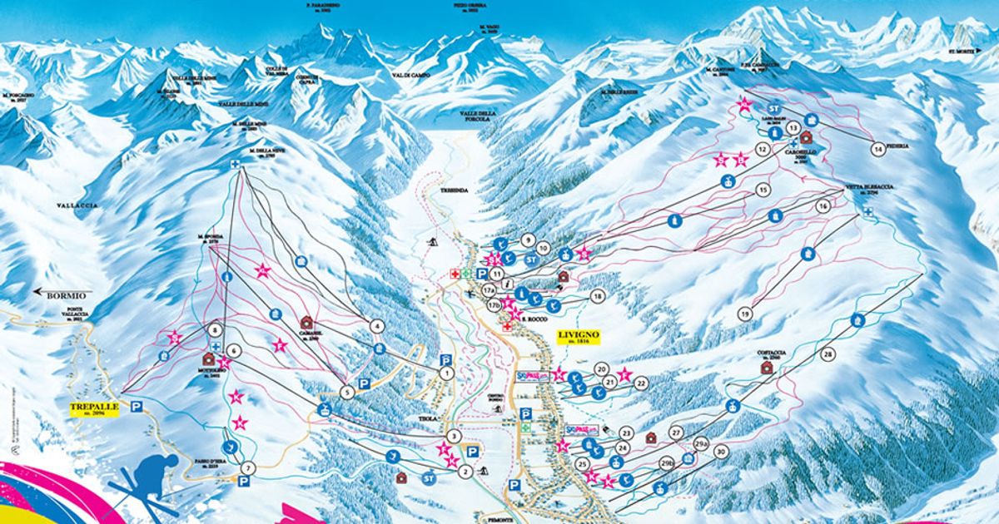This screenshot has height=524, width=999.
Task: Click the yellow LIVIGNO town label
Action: [x=578, y=337]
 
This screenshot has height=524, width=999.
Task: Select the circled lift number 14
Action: [x=877, y=149]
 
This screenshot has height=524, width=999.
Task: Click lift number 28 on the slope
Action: [x=828, y=354]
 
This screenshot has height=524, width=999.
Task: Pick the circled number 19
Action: [x=744, y=314]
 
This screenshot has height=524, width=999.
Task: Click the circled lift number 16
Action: [x=823, y=205]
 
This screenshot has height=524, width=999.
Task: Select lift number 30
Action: [x=721, y=452]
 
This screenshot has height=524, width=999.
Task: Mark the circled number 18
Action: [x=597, y=296]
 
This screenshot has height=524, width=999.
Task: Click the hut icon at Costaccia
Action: [x=766, y=367]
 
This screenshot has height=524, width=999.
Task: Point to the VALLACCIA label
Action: [x=78, y=205]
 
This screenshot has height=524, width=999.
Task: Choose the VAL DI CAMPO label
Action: [x=410, y=75]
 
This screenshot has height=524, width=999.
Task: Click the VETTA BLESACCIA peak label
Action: [x=868, y=188]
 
